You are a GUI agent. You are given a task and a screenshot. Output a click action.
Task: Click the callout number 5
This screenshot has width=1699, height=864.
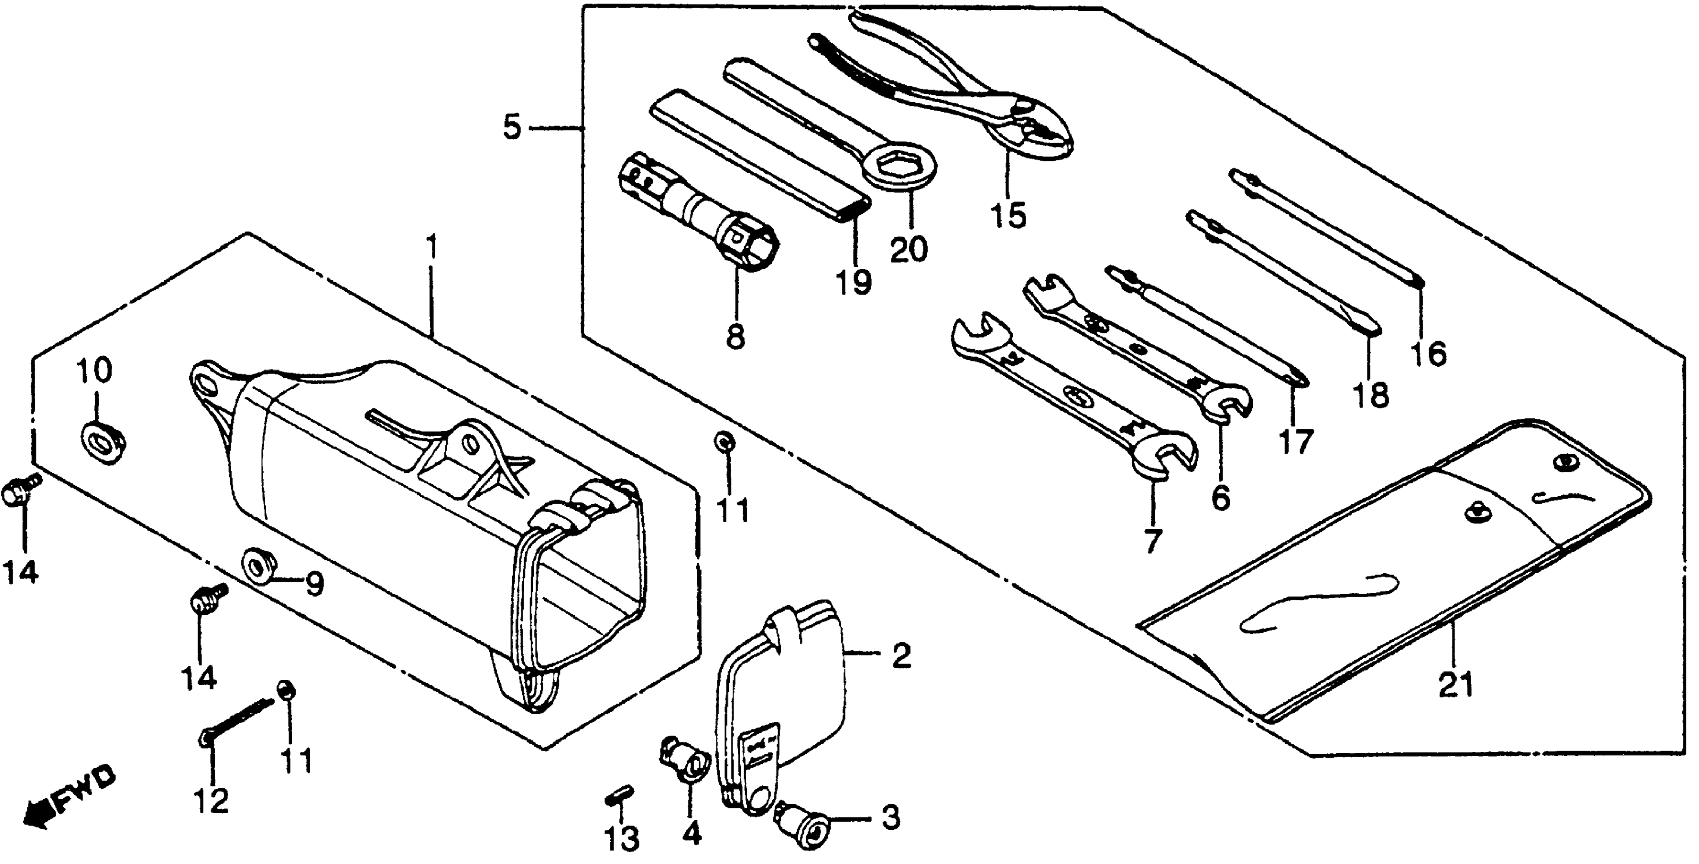coord(512,127)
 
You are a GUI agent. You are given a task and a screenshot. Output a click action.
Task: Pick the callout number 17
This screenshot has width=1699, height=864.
coord(1295,442)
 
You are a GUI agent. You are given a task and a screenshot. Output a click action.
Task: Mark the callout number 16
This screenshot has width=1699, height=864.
coord(1429,354)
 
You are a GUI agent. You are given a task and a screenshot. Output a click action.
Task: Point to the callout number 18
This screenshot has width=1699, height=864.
coord(1371,395)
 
